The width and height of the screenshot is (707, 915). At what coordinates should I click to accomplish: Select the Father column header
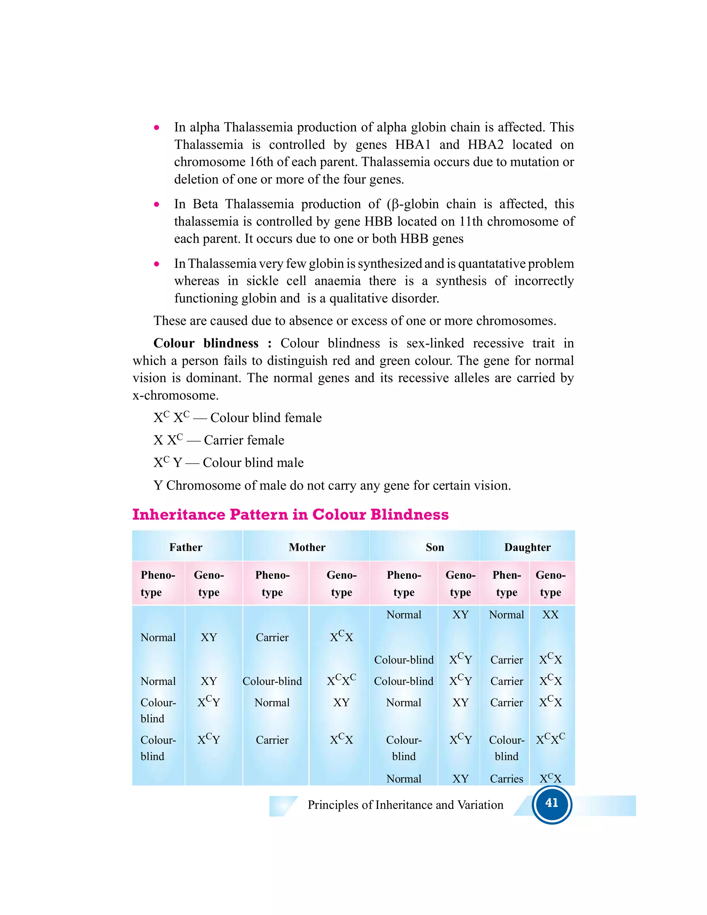click(185, 547)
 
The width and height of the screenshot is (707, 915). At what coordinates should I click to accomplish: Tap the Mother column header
click(307, 547)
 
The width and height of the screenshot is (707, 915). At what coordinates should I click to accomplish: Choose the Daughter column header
click(527, 547)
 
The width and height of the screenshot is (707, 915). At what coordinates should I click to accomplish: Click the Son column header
click(435, 547)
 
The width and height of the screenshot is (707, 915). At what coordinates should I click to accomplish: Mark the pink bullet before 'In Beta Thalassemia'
click(157, 204)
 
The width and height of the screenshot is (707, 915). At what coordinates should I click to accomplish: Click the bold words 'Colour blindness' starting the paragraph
click(206, 343)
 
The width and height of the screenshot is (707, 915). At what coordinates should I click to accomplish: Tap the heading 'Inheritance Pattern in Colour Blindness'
click(290, 514)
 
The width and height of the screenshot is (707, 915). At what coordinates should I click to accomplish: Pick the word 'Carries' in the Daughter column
click(506, 779)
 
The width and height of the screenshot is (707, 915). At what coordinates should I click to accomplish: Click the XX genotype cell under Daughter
click(550, 615)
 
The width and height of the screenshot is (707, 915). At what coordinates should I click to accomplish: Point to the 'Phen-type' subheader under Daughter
click(506, 583)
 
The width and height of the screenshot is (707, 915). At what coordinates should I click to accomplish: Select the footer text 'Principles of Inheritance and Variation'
click(405, 805)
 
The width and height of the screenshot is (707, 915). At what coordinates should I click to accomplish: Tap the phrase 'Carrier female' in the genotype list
click(244, 440)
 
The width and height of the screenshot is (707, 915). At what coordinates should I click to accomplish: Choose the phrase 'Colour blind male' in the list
click(253, 463)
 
